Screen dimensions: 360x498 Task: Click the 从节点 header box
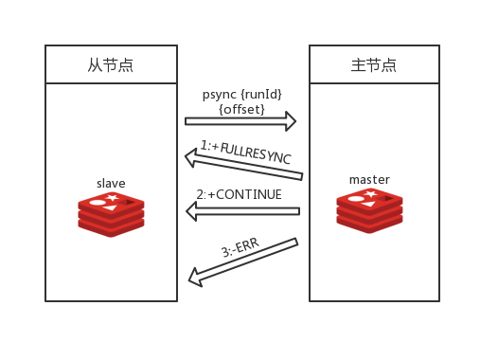pyautogui.click(x=111, y=64)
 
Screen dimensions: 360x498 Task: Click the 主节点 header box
pyautogui.click(x=374, y=64)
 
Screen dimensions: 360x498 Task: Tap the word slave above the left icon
pyautogui.click(x=111, y=183)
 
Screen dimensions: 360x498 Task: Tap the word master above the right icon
pyautogui.click(x=369, y=179)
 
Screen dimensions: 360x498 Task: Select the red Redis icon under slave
pyautogui.click(x=111, y=213)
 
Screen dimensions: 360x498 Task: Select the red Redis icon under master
pyautogui.click(x=369, y=209)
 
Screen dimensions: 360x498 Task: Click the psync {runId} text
pyautogui.click(x=242, y=95)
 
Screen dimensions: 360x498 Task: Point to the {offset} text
pyautogui.click(x=242, y=109)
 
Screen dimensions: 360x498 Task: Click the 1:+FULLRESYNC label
pyautogui.click(x=245, y=152)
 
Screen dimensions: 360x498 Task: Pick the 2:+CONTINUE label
pyautogui.click(x=240, y=194)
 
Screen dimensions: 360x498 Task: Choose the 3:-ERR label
pyautogui.click(x=240, y=250)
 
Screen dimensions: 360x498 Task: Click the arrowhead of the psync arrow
pyautogui.click(x=291, y=121)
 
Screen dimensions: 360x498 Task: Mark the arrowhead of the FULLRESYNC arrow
pyautogui.click(x=190, y=157)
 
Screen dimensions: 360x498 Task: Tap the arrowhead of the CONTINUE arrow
pyautogui.click(x=192, y=211)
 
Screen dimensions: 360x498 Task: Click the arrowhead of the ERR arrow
pyautogui.click(x=195, y=278)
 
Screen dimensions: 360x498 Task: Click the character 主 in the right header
pyautogui.click(x=358, y=64)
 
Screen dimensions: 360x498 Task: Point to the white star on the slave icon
pyautogui.click(x=113, y=197)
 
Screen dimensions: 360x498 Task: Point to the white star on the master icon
pyautogui.click(x=371, y=193)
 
